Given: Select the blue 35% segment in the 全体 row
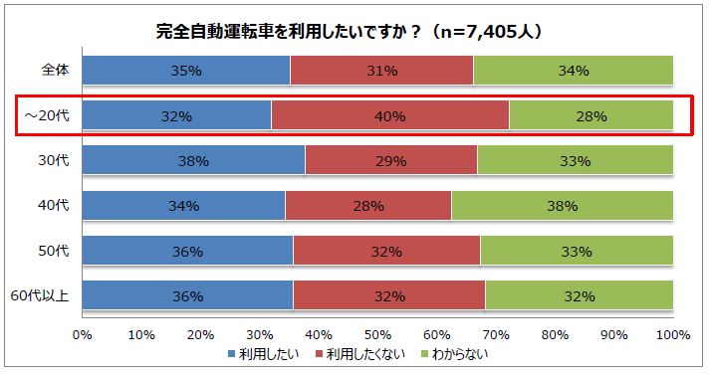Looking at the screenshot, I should pyautogui.click(x=186, y=71).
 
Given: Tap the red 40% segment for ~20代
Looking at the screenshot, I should pyautogui.click(x=389, y=116).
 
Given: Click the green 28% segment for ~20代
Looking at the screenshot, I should pyautogui.click(x=591, y=116).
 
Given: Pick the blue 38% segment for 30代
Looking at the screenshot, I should pyautogui.click(x=193, y=160).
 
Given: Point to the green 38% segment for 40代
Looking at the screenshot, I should pyautogui.click(x=562, y=206).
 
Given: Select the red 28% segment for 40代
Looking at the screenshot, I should pyautogui.click(x=368, y=206).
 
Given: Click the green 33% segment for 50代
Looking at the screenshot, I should pyautogui.click(x=577, y=251).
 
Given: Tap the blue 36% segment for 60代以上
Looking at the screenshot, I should pyautogui.click(x=188, y=295).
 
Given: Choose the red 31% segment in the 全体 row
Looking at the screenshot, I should pyautogui.click(x=381, y=71).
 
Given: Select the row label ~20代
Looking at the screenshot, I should pyautogui.click(x=48, y=116).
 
